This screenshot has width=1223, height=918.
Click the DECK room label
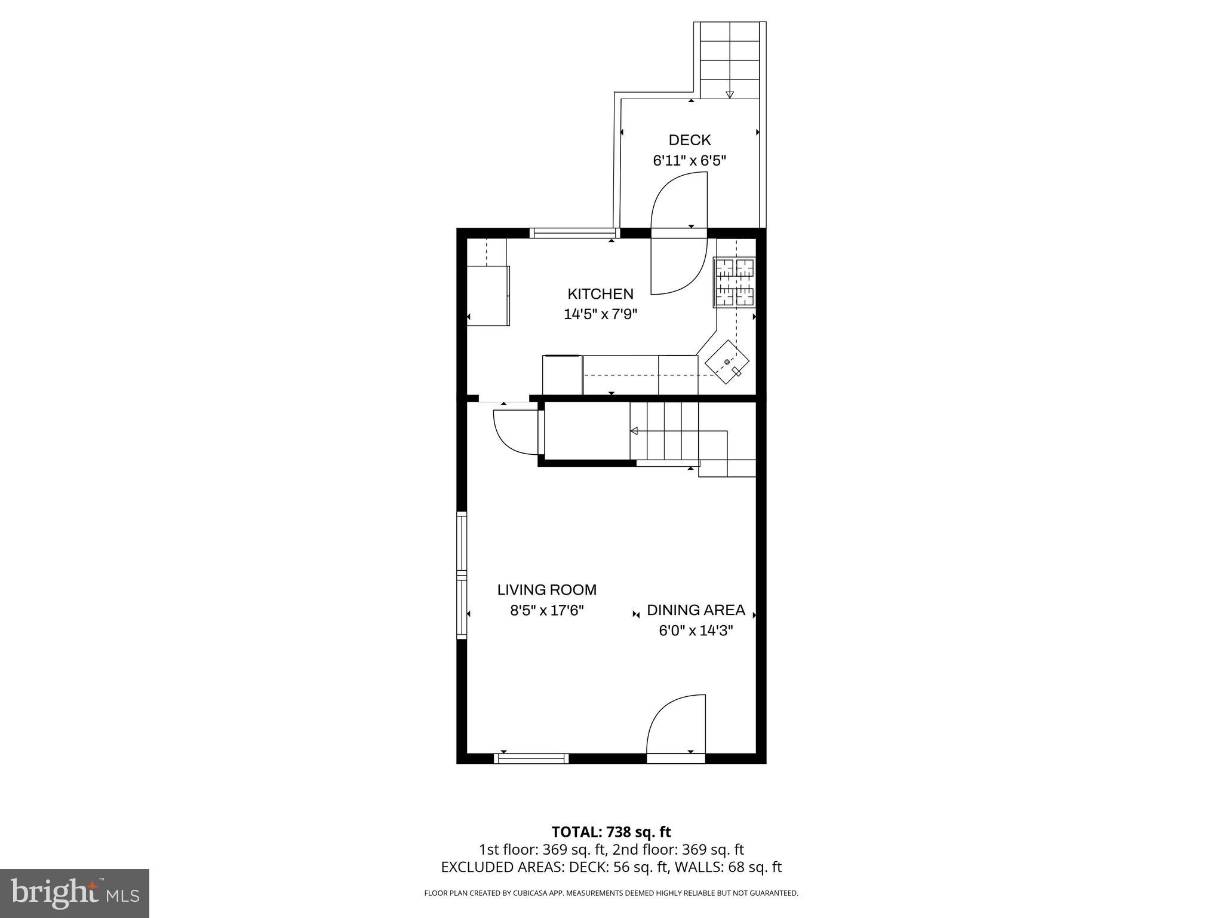pyautogui.click(x=689, y=140)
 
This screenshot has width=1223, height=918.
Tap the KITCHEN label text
pyautogui.click(x=600, y=294)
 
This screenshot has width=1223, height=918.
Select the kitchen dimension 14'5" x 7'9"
pyautogui.click(x=600, y=314)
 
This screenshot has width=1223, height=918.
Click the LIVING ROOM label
pyautogui.click(x=546, y=590)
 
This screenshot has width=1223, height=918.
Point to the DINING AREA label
pyautogui.click(x=696, y=610)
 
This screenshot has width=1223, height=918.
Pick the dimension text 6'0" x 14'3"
pyautogui.click(x=696, y=631)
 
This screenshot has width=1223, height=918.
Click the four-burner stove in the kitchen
pyautogui.click(x=735, y=282)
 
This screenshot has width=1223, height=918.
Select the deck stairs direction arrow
pyautogui.click(x=729, y=94)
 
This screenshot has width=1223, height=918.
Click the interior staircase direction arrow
pyautogui.click(x=634, y=431)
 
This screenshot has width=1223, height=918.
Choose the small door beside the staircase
pyautogui.click(x=513, y=432)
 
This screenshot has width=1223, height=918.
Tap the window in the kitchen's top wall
pyautogui.click(x=573, y=233)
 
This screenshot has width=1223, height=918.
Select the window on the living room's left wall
pyautogui.click(x=461, y=576)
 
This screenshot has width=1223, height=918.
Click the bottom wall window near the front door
pyautogui.click(x=531, y=759)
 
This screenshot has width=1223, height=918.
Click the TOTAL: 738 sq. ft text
pyautogui.click(x=611, y=832)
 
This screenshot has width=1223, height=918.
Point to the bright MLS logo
pyautogui.click(x=75, y=893)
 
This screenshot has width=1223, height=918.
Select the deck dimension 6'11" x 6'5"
pyautogui.click(x=689, y=161)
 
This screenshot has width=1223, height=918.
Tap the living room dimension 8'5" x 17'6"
pyautogui.click(x=546, y=611)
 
